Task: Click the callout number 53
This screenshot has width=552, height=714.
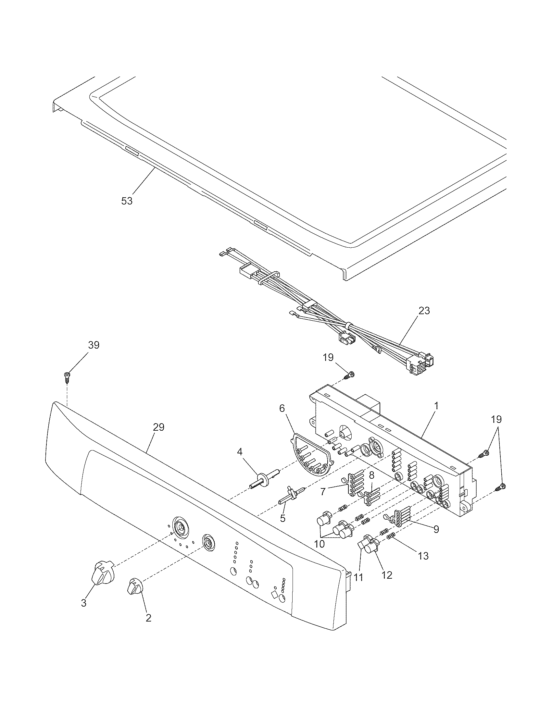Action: click(127, 201)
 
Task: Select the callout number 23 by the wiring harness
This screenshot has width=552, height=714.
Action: click(424, 310)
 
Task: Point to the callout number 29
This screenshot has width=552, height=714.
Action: click(158, 427)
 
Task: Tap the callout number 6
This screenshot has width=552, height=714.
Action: click(282, 408)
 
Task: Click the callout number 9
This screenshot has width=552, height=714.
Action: click(436, 529)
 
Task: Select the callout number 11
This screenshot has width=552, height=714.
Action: click(359, 577)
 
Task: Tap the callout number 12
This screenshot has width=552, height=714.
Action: click(387, 575)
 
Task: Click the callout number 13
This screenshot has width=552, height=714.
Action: click(423, 555)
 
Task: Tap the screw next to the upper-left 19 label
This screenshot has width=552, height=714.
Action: click(350, 375)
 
